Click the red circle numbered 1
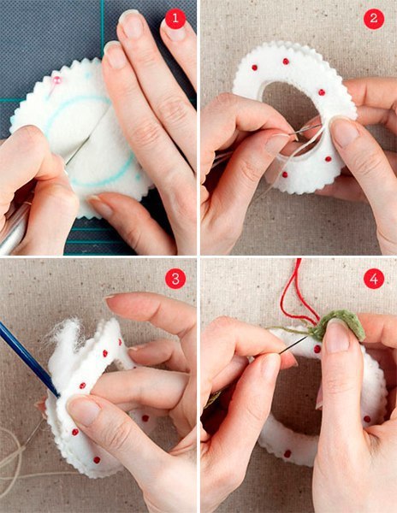click(175, 18)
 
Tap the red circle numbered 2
click(374, 18)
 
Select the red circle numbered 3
click(175, 279)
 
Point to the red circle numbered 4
click(374, 279)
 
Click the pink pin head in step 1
click(57, 80)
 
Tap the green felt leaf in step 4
click(341, 325)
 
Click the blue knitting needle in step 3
click(28, 357)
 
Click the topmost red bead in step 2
click(286, 62)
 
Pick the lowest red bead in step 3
click(97, 460)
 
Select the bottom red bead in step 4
click(287, 454)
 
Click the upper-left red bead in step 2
click(254, 68)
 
